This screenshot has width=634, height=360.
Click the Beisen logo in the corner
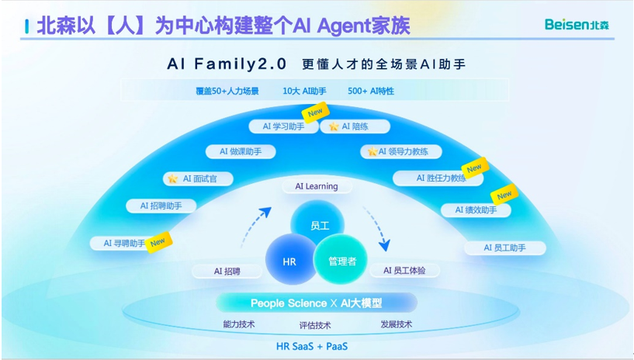pos(576,25)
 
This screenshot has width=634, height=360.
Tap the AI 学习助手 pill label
pos(282,126)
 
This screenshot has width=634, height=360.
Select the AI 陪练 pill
pos(355,126)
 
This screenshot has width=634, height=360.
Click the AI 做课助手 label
pos(240,152)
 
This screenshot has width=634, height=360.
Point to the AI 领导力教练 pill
pos(402,151)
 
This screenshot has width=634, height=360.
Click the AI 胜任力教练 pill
pos(441,178)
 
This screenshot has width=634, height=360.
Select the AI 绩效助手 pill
pos(476,209)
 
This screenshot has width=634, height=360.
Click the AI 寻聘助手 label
pos(124,243)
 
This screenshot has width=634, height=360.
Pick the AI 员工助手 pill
pos(504,247)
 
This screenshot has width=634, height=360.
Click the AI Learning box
pos(316,186)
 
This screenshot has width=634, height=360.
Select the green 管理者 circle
pos(341,261)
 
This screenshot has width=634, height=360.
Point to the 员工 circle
pos(319,224)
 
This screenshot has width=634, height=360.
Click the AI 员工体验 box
pos(411,271)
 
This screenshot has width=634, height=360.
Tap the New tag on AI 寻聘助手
pos(158,241)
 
